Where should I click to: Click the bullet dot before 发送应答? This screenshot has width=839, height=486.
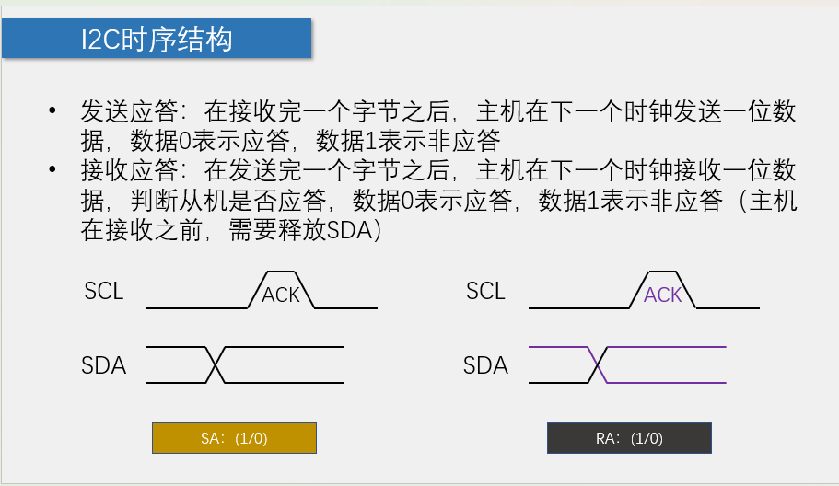pyautogui.click(x=52, y=112)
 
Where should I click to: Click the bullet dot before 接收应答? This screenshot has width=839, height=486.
pyautogui.click(x=52, y=171)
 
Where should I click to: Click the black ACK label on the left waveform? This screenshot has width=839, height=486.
pyautogui.click(x=281, y=295)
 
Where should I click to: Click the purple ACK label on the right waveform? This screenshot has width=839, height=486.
pyautogui.click(x=663, y=295)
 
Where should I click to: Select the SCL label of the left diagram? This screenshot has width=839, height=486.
pyautogui.click(x=103, y=292)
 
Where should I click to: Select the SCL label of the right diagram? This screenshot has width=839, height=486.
pyautogui.click(x=485, y=292)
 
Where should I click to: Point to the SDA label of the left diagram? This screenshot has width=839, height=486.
pyautogui.click(x=103, y=365)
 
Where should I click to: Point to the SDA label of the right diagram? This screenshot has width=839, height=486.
pyautogui.click(x=485, y=365)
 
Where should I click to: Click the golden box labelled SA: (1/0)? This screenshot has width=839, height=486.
pyautogui.click(x=234, y=438)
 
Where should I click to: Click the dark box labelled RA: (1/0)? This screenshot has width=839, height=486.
pyautogui.click(x=629, y=438)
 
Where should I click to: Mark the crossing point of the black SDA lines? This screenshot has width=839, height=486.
pyautogui.click(x=215, y=364)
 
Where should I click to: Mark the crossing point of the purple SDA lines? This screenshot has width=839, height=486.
pyautogui.click(x=598, y=364)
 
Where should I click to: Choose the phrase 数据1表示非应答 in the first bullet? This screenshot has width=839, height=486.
pyautogui.click(x=408, y=142)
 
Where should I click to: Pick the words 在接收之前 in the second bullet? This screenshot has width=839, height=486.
pyautogui.click(x=137, y=231)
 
